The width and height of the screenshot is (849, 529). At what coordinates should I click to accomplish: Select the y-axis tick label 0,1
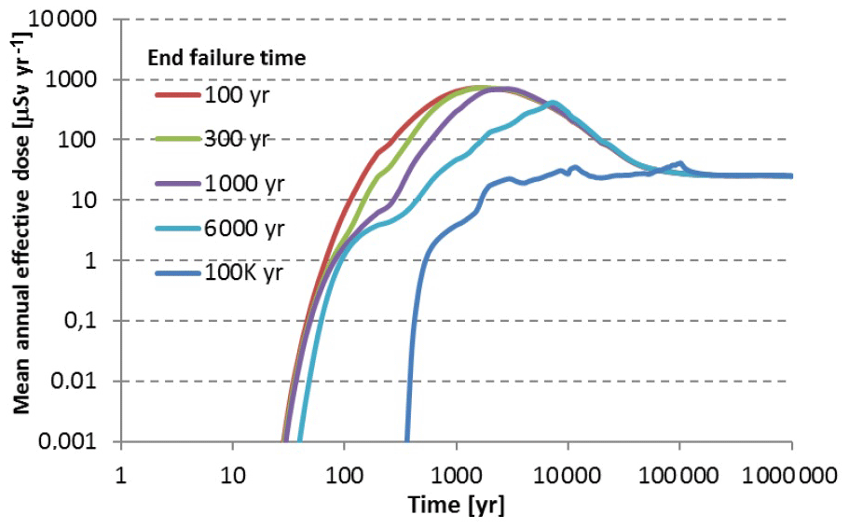[88, 321]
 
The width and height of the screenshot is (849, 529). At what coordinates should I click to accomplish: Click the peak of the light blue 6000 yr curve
[553, 103]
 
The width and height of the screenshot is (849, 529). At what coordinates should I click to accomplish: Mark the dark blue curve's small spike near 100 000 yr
[680, 163]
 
